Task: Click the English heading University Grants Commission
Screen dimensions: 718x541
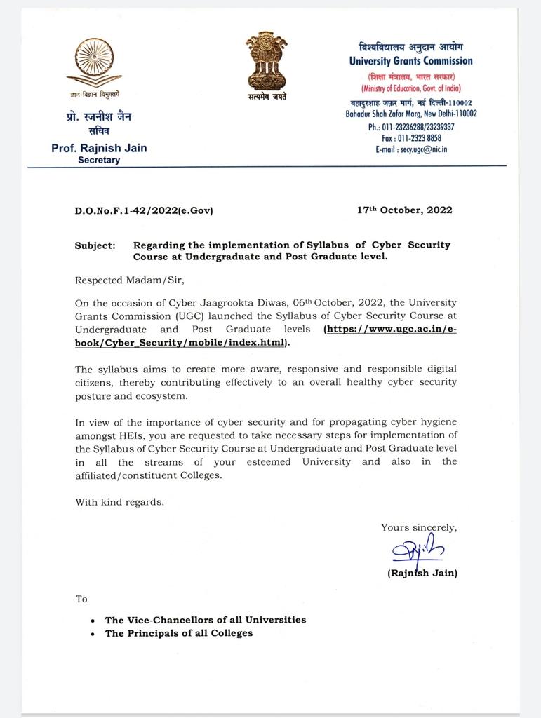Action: [410, 61]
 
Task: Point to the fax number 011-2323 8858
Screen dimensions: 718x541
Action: [411, 138]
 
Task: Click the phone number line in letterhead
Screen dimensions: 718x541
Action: [411, 127]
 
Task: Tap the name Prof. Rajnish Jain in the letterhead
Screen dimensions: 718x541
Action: [99, 148]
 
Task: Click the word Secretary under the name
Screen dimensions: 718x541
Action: [99, 160]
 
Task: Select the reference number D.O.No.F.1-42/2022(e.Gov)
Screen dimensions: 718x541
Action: [144, 210]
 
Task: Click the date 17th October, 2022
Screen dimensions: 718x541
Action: [404, 210]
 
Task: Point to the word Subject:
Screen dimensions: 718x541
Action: [95, 245]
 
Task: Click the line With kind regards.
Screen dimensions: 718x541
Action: [119, 502]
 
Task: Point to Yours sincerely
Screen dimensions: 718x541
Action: [418, 527]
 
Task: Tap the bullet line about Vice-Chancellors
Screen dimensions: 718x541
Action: [205, 620]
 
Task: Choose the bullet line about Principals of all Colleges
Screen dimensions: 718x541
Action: [178, 633]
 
